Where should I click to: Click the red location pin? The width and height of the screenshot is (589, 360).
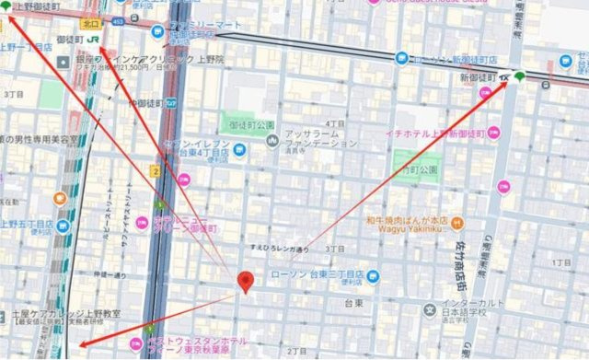click(x=245, y=283)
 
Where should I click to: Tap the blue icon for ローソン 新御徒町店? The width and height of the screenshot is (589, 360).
click(x=402, y=58)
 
